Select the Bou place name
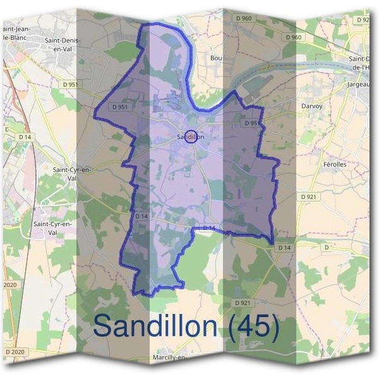pos(216,57)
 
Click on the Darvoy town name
pos(311,106)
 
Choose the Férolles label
pos(334,164)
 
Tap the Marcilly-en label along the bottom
pos(169,358)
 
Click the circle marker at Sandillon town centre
pos(190,136)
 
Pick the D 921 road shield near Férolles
pos(309,197)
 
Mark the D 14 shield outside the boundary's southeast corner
pos(284,248)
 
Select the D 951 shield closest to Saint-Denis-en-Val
pos(70,84)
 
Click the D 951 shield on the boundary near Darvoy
pos(251,123)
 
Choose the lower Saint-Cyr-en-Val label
pos(56,228)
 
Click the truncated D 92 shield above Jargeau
pos(364,20)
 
